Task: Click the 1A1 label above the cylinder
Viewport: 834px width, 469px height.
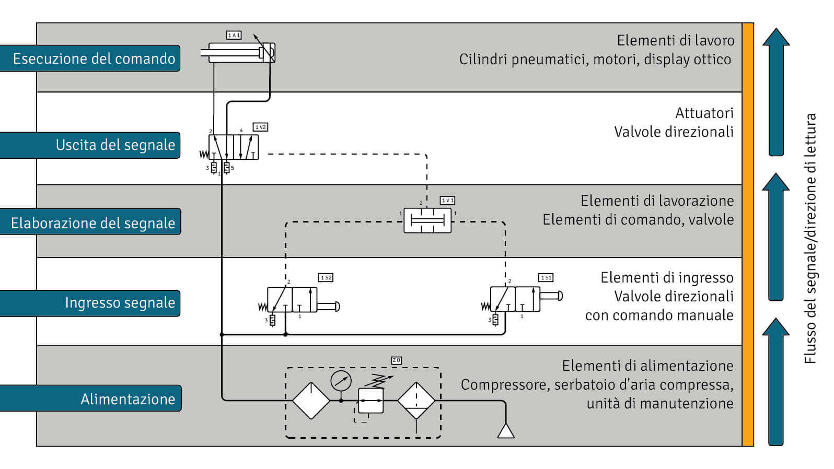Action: click(234, 35)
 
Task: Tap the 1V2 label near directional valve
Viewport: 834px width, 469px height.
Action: click(260, 127)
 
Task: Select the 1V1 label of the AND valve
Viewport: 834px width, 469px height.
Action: click(447, 201)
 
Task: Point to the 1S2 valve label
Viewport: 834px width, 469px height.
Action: click(326, 278)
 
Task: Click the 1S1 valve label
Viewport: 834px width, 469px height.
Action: click(546, 278)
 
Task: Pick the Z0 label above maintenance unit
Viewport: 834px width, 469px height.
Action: click(397, 360)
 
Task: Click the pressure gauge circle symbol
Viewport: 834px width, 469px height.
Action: click(341, 381)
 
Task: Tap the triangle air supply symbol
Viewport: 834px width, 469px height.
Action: click(505, 431)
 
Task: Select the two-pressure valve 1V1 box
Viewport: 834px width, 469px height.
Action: click(427, 220)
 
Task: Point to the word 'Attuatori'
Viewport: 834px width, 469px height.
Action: click(704, 113)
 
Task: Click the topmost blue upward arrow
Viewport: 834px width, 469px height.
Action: click(776, 91)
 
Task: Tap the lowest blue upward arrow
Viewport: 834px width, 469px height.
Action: click(776, 381)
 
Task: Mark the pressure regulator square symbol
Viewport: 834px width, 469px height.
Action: click(370, 401)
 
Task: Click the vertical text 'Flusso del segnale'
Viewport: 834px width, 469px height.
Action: click(810, 292)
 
